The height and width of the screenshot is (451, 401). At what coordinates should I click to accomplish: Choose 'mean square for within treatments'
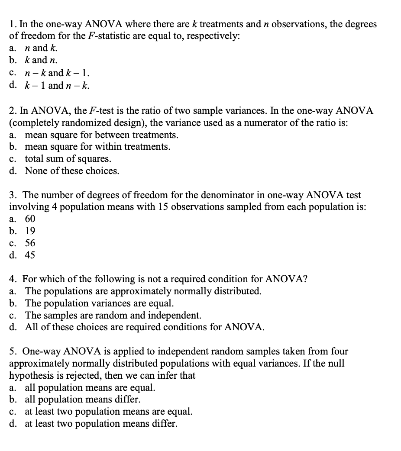click(x=97, y=147)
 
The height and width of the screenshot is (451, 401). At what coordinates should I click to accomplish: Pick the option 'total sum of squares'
click(x=68, y=159)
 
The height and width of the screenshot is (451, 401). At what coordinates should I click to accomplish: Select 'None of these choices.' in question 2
click(x=71, y=171)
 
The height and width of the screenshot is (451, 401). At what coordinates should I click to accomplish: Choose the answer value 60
click(x=30, y=219)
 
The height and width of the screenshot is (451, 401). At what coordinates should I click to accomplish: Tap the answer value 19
click(x=30, y=231)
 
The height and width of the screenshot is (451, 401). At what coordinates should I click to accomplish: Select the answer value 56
click(x=30, y=243)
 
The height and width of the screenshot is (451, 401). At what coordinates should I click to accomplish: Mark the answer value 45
click(x=30, y=255)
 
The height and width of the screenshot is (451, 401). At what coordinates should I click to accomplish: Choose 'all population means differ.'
click(x=82, y=399)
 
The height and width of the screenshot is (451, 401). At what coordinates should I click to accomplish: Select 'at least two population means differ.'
click(x=101, y=423)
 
